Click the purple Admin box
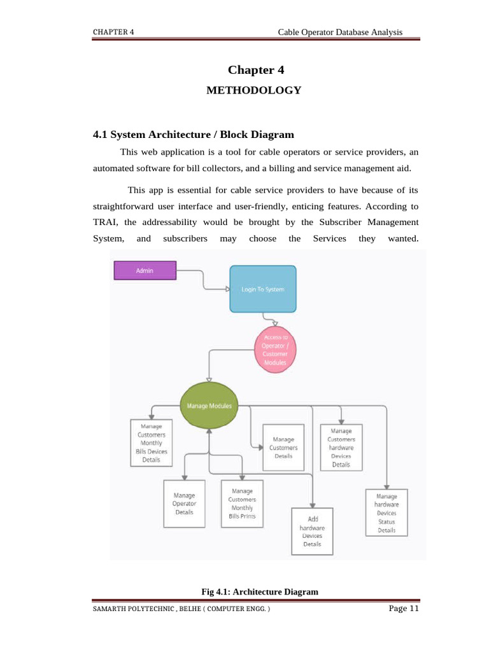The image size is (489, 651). click(x=145, y=270)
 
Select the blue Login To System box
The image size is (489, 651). click(x=262, y=289)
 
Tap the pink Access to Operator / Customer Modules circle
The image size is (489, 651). click(x=275, y=350)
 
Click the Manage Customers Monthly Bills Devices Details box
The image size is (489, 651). click(x=152, y=442)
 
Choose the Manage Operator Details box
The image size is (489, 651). click(x=184, y=504)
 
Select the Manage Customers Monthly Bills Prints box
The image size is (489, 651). click(x=242, y=504)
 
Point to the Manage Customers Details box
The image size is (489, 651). click(x=284, y=448)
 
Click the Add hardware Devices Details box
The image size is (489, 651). click(x=312, y=531)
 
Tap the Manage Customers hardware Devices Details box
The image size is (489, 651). click(x=341, y=448)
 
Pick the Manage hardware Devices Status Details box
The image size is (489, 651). click(x=386, y=512)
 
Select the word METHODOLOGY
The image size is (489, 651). click(x=253, y=90)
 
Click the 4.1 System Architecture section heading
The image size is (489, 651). click(x=194, y=134)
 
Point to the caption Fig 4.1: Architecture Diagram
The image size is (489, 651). click(x=260, y=592)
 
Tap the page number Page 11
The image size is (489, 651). click(x=404, y=608)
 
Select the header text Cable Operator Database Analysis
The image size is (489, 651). click(x=340, y=32)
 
